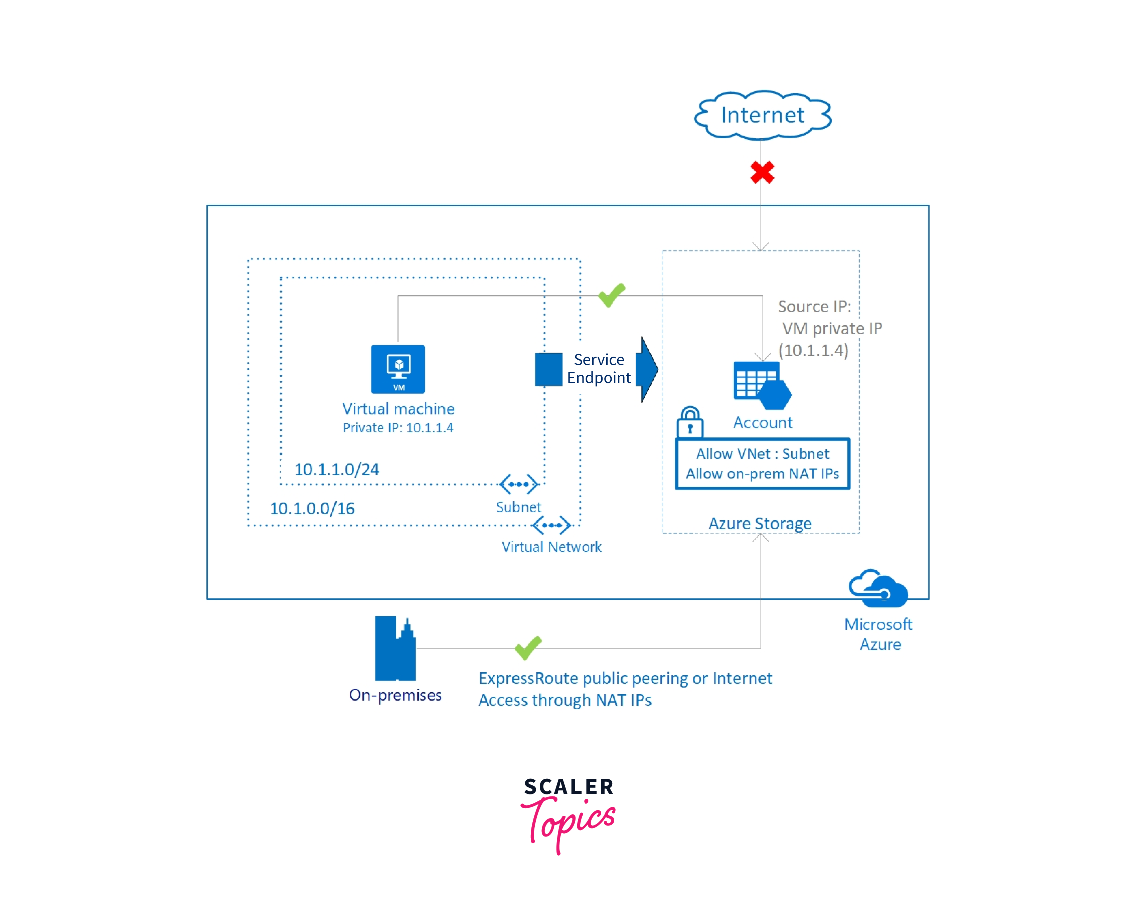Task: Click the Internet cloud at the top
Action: click(762, 115)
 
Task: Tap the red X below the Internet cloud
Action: click(762, 172)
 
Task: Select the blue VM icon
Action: click(398, 369)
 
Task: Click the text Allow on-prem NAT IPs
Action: click(762, 474)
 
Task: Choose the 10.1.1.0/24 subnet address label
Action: click(336, 470)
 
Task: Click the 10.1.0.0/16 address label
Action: click(312, 508)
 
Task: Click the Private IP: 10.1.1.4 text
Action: click(398, 427)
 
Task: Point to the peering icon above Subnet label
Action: click(518, 484)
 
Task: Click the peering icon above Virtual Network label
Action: click(551, 525)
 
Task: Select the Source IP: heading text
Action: click(814, 307)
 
